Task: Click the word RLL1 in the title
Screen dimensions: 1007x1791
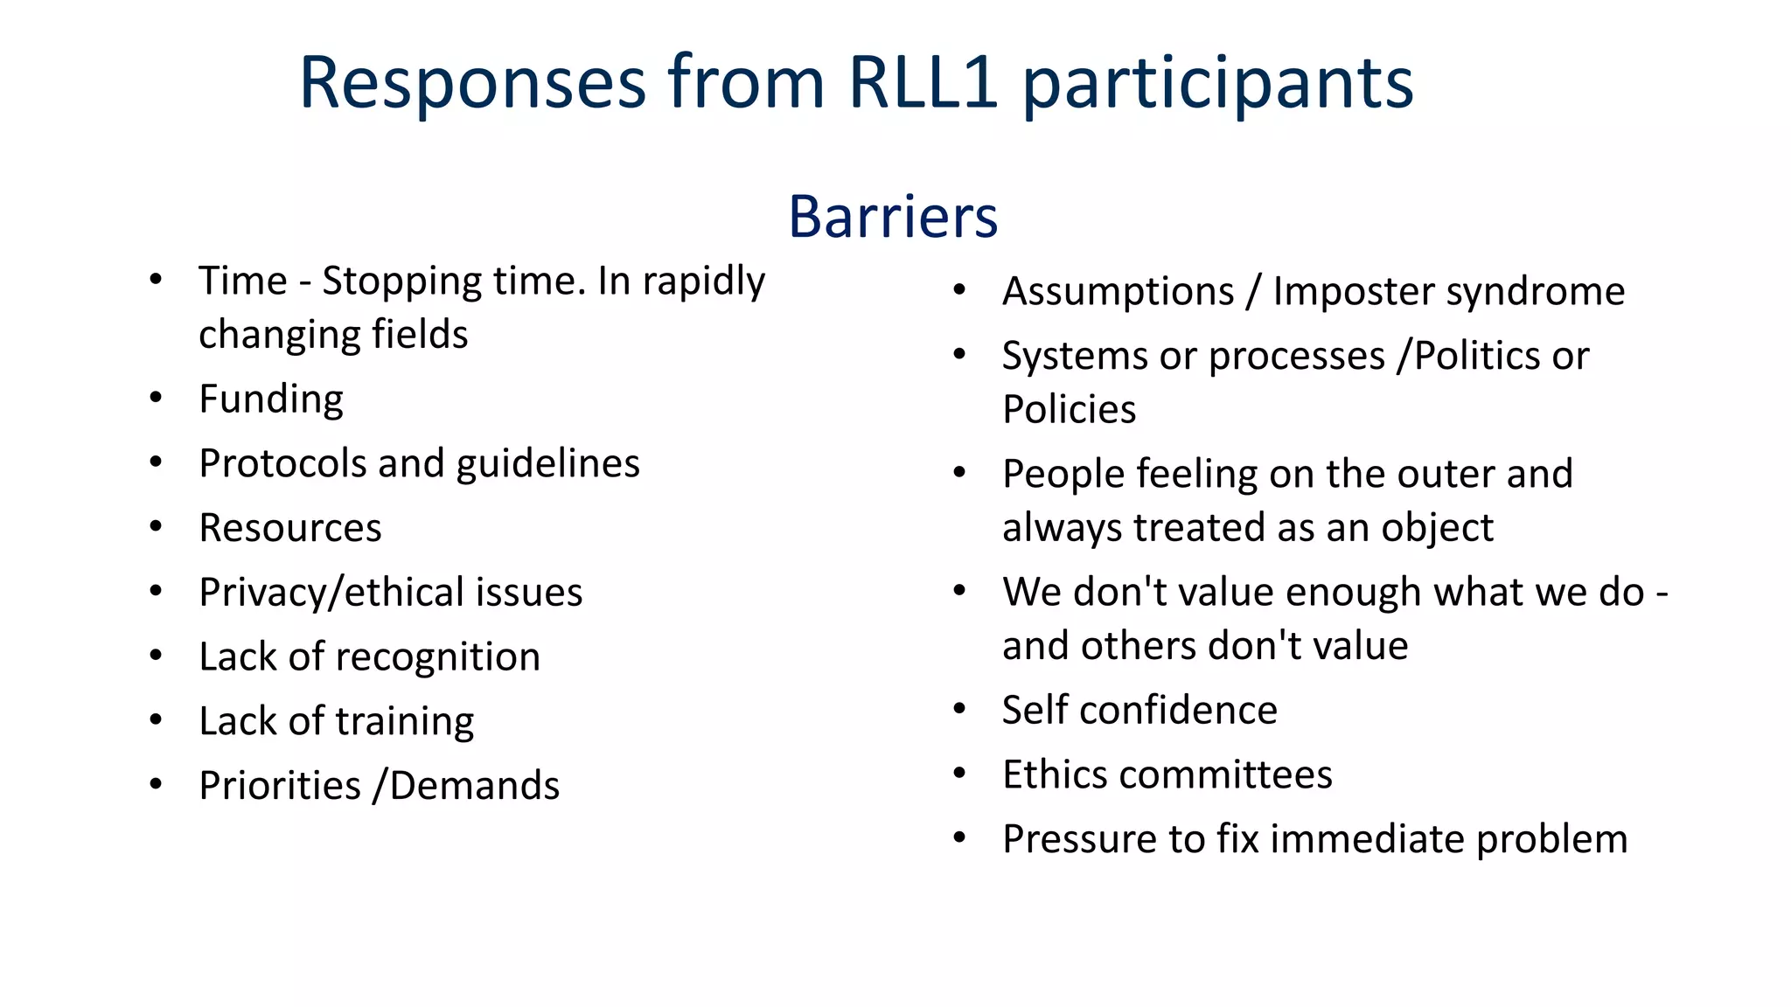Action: coord(923,83)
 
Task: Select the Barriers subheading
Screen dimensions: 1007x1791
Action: coord(893,216)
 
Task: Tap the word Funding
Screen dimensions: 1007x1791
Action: coord(271,399)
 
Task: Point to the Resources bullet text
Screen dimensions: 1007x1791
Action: coord(290,528)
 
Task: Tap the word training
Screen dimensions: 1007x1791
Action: coord(405,721)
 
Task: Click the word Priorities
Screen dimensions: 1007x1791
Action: coord(280,785)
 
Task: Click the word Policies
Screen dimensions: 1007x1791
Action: coord(1069,409)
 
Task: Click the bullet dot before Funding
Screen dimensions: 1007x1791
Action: coord(156,398)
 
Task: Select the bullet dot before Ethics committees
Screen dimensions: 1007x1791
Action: coord(959,774)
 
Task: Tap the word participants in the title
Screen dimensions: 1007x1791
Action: coord(1217,83)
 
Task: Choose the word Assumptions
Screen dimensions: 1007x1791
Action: coord(1118,291)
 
